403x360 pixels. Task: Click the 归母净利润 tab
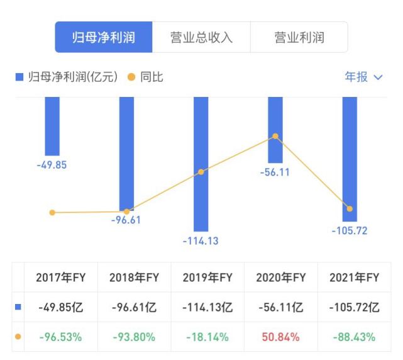104,37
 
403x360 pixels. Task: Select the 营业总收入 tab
201,37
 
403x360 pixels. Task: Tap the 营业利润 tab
299,37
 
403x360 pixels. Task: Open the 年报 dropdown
363,77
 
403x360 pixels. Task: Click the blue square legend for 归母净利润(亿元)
19,77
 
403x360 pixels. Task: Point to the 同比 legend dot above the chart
131,77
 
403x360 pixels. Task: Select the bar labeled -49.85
52,126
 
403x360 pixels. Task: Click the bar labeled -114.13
201,164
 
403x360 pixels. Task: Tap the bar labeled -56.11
275,129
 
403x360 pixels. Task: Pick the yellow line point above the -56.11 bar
275,136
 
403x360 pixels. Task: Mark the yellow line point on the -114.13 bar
201,172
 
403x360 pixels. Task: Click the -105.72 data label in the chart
350,230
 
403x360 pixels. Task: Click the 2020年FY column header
280,278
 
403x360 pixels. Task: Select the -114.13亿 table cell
207,308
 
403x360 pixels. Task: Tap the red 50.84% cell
280,337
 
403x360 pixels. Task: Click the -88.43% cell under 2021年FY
354,337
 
